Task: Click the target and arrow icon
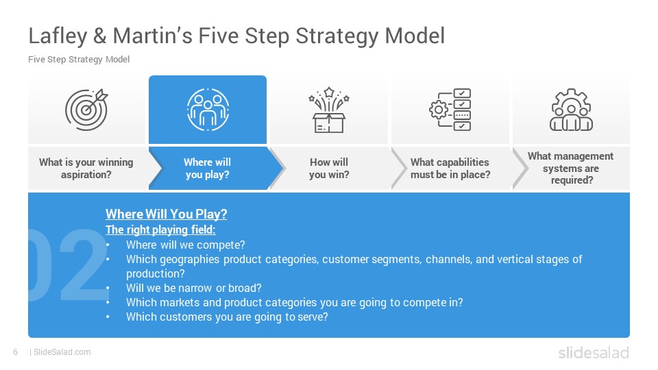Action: tap(86, 110)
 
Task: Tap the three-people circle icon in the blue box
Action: tap(208, 110)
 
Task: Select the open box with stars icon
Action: tap(329, 110)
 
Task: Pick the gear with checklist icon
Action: tap(450, 110)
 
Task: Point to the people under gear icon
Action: tap(571, 110)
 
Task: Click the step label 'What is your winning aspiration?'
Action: tap(86, 169)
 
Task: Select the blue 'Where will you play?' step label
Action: tap(207, 169)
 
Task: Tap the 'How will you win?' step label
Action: tap(329, 169)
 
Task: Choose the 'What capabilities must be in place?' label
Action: tap(450, 169)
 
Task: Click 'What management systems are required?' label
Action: tap(571, 169)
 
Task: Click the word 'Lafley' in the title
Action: tap(58, 36)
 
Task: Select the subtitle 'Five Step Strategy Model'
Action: tap(79, 60)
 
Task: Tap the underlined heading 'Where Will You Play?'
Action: tap(166, 214)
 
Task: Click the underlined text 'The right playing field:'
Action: tap(160, 230)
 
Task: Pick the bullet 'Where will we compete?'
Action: tap(186, 245)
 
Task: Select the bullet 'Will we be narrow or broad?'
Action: tap(194, 288)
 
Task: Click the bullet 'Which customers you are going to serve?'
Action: tap(227, 317)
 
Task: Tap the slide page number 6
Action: tap(16, 352)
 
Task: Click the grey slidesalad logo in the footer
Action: tap(594, 352)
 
